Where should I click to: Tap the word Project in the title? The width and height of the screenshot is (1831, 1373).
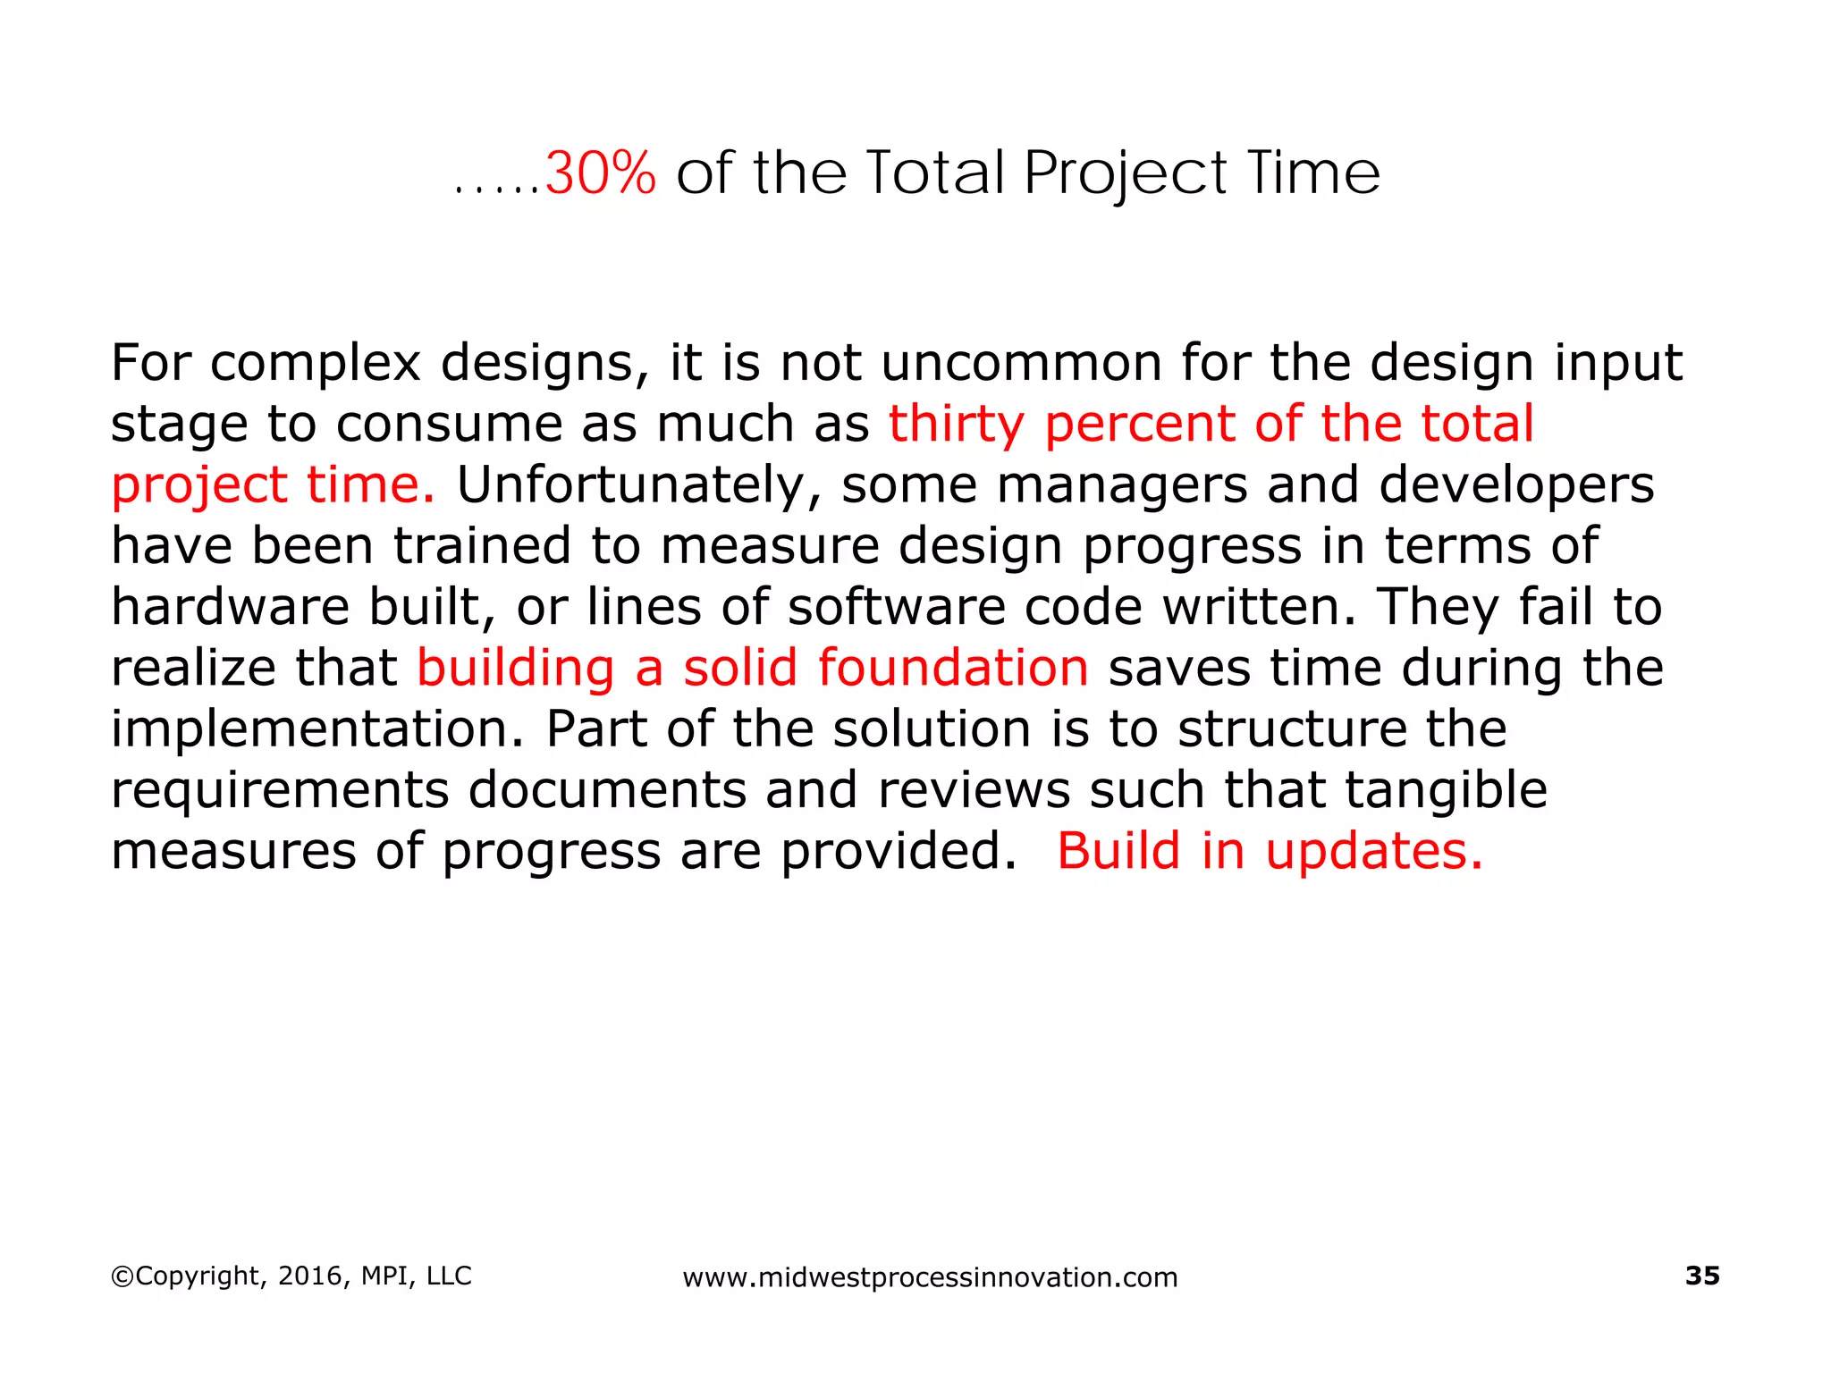[x=1125, y=173]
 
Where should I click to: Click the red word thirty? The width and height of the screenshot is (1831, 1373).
[x=956, y=425]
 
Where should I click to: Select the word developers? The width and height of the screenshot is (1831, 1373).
[x=1516, y=485]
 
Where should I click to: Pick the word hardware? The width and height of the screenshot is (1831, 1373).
[x=230, y=607]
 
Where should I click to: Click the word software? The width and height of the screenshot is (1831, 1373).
[x=896, y=607]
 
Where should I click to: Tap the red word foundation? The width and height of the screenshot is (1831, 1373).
[x=952, y=668]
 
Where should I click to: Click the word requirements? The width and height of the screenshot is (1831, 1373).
[x=279, y=791]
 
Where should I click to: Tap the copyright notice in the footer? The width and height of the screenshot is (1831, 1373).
[x=291, y=1276]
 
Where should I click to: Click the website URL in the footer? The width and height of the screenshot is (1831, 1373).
[x=930, y=1277]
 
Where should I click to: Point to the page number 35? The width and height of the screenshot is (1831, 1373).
[x=1701, y=1276]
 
